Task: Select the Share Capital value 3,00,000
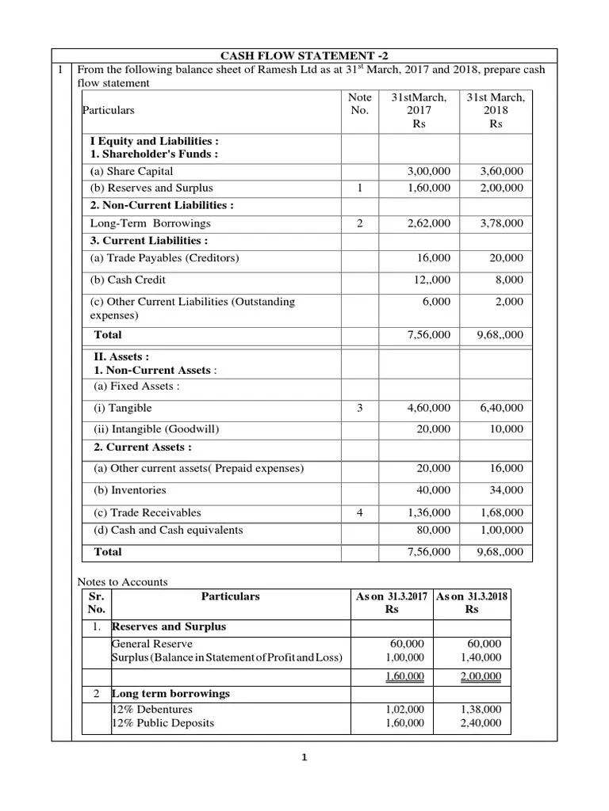pyautogui.click(x=428, y=171)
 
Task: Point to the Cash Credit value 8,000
pyautogui.click(x=509, y=280)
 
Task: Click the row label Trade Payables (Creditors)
pyautogui.click(x=164, y=258)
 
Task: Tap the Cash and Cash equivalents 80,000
pyautogui.click(x=433, y=530)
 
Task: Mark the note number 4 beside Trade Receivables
pyautogui.click(x=360, y=512)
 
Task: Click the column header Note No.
pyautogui.click(x=360, y=104)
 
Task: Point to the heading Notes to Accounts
pyautogui.click(x=122, y=582)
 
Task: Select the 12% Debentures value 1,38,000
pyautogui.click(x=481, y=710)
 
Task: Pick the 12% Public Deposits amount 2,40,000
pyautogui.click(x=481, y=723)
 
